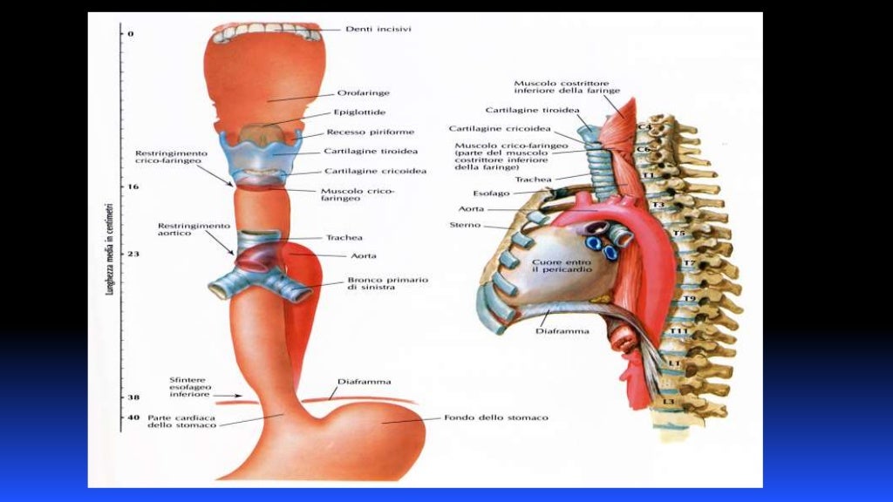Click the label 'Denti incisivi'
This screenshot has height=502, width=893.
[x=378, y=29]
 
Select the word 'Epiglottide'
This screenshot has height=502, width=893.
[x=359, y=112]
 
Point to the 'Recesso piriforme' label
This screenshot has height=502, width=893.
[x=371, y=132]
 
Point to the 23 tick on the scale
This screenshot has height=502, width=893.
[x=123, y=254]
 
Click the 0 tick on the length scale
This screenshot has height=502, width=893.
[x=123, y=33]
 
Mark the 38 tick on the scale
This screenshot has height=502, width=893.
[x=123, y=397]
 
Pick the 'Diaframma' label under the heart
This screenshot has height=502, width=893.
[x=562, y=331]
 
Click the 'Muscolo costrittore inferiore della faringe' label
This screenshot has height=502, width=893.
[x=567, y=87]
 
